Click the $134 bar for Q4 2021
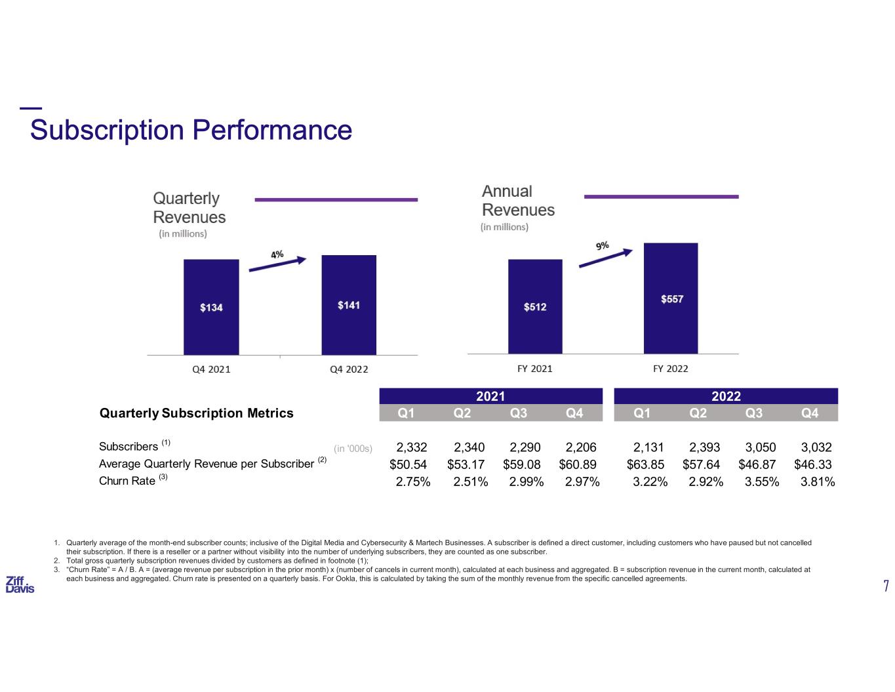[x=211, y=306]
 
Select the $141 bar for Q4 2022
[x=348, y=304]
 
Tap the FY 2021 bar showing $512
[x=534, y=306]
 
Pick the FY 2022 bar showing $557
[x=671, y=298]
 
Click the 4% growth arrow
[x=277, y=264]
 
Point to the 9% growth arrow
[x=605, y=258]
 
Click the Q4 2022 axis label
[x=348, y=369]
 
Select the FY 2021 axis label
[x=534, y=368]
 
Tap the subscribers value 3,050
[x=761, y=447]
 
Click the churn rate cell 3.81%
[x=817, y=481]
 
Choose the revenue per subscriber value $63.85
[x=645, y=464]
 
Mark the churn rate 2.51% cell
[x=470, y=481]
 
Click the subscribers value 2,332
[x=412, y=447]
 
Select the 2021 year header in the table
[x=490, y=396]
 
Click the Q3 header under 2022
[x=754, y=413]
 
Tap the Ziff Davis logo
[x=20, y=584]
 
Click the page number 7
[x=886, y=586]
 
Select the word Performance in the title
[x=272, y=130]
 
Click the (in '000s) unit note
[x=353, y=449]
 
